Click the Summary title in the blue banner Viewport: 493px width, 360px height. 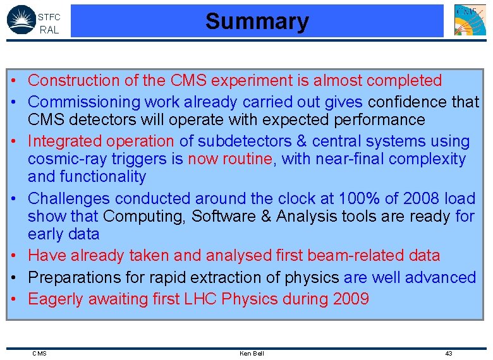[257, 21]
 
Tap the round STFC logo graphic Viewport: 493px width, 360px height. [20, 20]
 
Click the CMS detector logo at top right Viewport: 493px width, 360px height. [470, 20]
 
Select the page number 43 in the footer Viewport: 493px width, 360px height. [448, 353]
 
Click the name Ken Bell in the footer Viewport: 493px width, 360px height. [252, 353]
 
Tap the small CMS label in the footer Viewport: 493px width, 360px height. [39, 353]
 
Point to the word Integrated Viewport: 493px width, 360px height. [65, 141]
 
